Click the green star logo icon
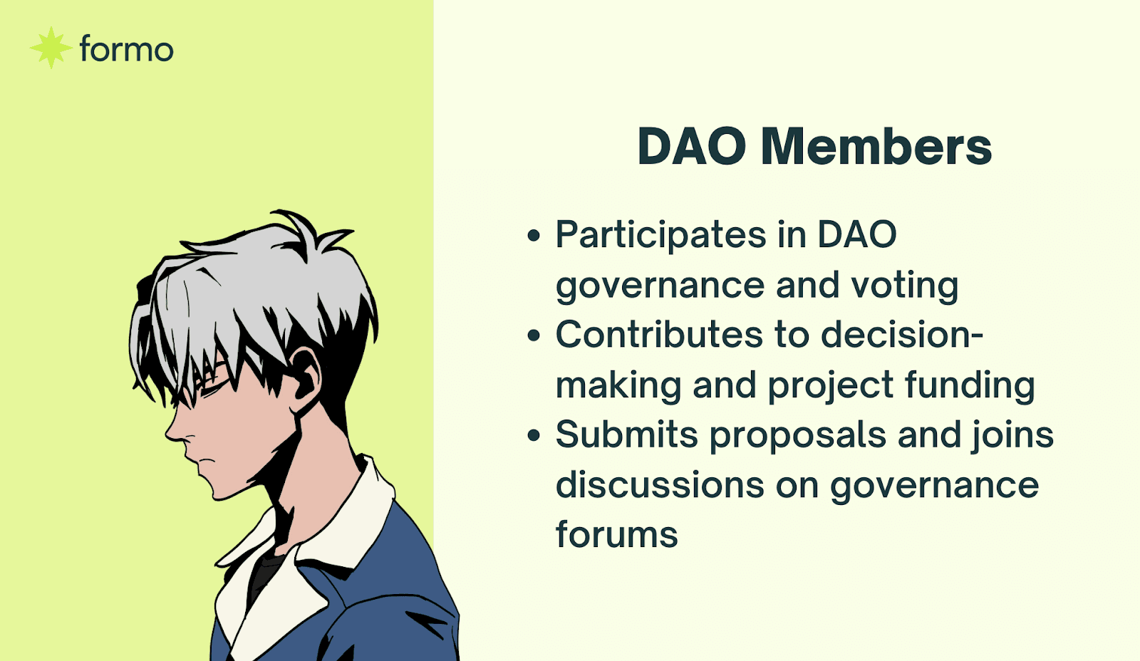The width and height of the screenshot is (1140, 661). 51,48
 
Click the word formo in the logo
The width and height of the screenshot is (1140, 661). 127,49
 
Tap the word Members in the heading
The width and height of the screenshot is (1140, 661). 876,147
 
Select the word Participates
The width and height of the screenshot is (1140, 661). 660,236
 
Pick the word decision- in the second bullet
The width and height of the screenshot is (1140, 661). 902,335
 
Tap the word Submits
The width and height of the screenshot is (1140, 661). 626,435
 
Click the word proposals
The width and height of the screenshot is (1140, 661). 798,437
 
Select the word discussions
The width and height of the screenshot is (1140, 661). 660,484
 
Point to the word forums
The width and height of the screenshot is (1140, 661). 617,534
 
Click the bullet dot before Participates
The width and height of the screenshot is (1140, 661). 534,235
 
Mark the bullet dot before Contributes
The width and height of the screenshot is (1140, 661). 534,335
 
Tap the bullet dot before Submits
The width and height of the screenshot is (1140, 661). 534,436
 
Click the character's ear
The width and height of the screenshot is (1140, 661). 306,374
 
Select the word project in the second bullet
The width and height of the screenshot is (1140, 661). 831,386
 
